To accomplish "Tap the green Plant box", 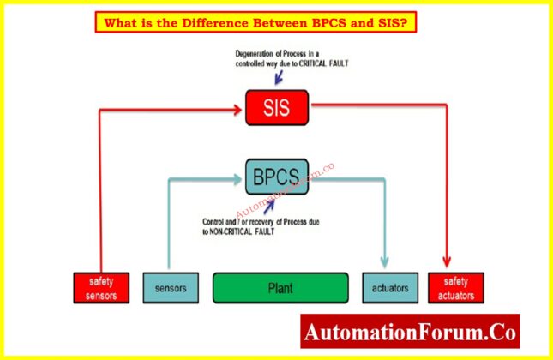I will tap(280, 288).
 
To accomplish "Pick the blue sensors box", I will tap(171, 288).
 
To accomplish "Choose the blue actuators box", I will tap(390, 288).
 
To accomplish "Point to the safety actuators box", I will tap(455, 288).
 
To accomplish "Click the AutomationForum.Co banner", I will tap(410, 330).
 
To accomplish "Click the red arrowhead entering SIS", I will tap(238, 108).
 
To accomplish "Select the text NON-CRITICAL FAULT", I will tap(247, 231).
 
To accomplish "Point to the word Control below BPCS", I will tap(215, 223).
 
